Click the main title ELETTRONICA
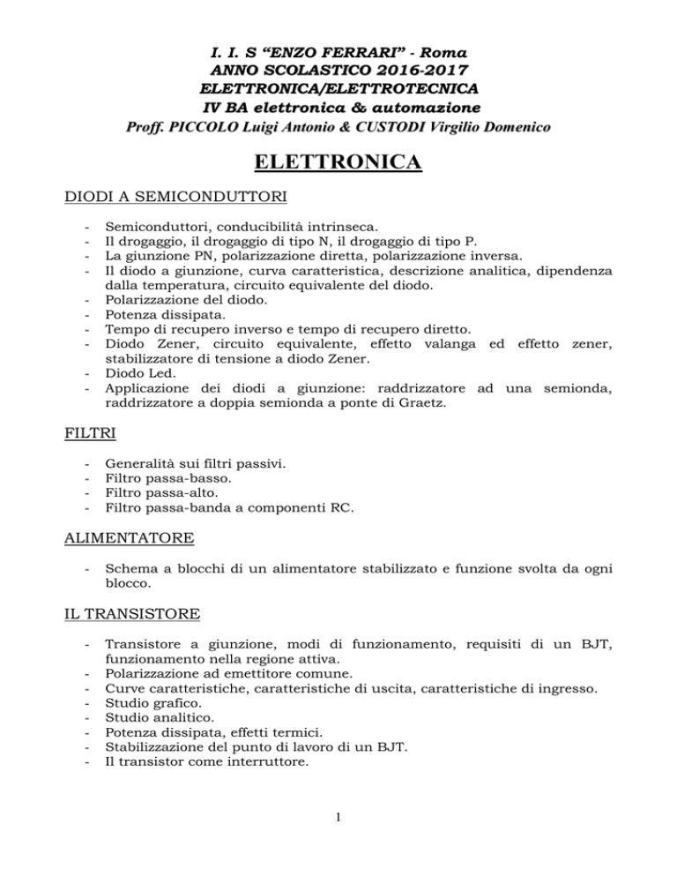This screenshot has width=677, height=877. click(x=338, y=164)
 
